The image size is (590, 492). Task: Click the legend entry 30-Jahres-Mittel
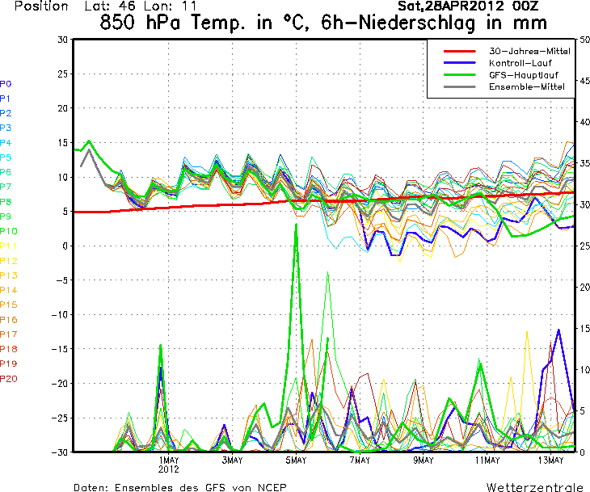pyautogui.click(x=529, y=51)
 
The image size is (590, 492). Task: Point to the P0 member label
pyautogui.click(x=6, y=84)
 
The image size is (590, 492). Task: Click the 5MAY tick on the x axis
pyautogui.click(x=296, y=460)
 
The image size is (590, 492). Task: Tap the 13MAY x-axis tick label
pyautogui.click(x=550, y=460)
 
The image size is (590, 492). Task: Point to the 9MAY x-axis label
pyautogui.click(x=424, y=460)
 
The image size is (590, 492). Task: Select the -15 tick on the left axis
pyautogui.click(x=59, y=348)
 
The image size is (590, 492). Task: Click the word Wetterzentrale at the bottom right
pyautogui.click(x=534, y=487)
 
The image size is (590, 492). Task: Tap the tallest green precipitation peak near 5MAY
pyautogui.click(x=296, y=224)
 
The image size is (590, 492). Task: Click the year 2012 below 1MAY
pyautogui.click(x=168, y=469)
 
